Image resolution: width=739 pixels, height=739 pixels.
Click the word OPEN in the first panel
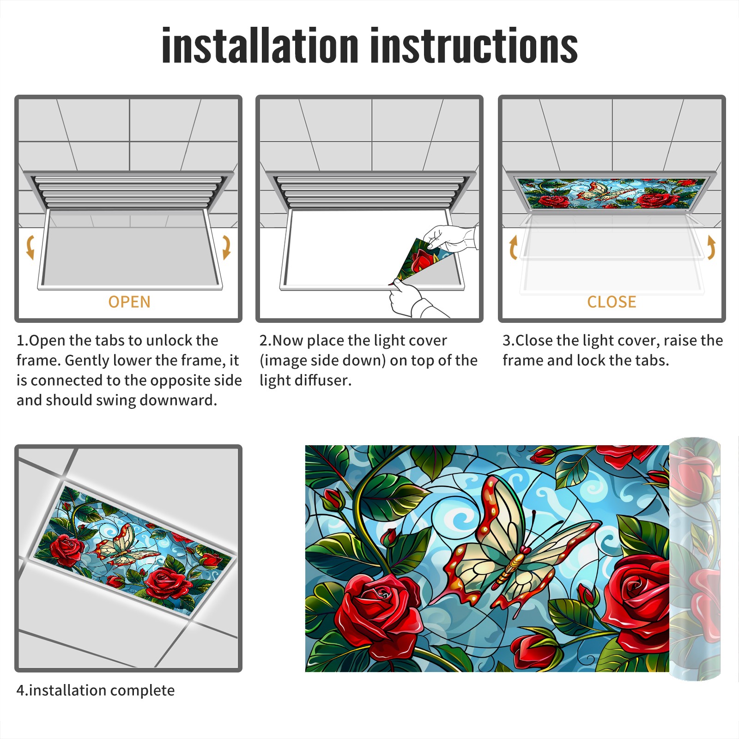tap(129, 302)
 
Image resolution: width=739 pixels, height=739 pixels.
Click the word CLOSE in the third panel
tap(612, 302)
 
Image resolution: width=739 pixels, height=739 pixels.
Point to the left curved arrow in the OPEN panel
tap(30, 247)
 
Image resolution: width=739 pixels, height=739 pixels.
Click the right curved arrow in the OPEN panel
tap(226, 247)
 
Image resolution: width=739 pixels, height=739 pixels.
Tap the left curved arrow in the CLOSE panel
tap(513, 247)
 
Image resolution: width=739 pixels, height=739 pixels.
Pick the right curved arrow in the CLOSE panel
tap(711, 247)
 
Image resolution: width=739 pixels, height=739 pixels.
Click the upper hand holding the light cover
tap(450, 238)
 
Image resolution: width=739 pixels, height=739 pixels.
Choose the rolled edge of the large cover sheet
tap(695, 559)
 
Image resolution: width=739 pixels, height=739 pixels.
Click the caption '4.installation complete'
tap(96, 691)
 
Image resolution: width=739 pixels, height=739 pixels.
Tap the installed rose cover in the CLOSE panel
tap(612, 193)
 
